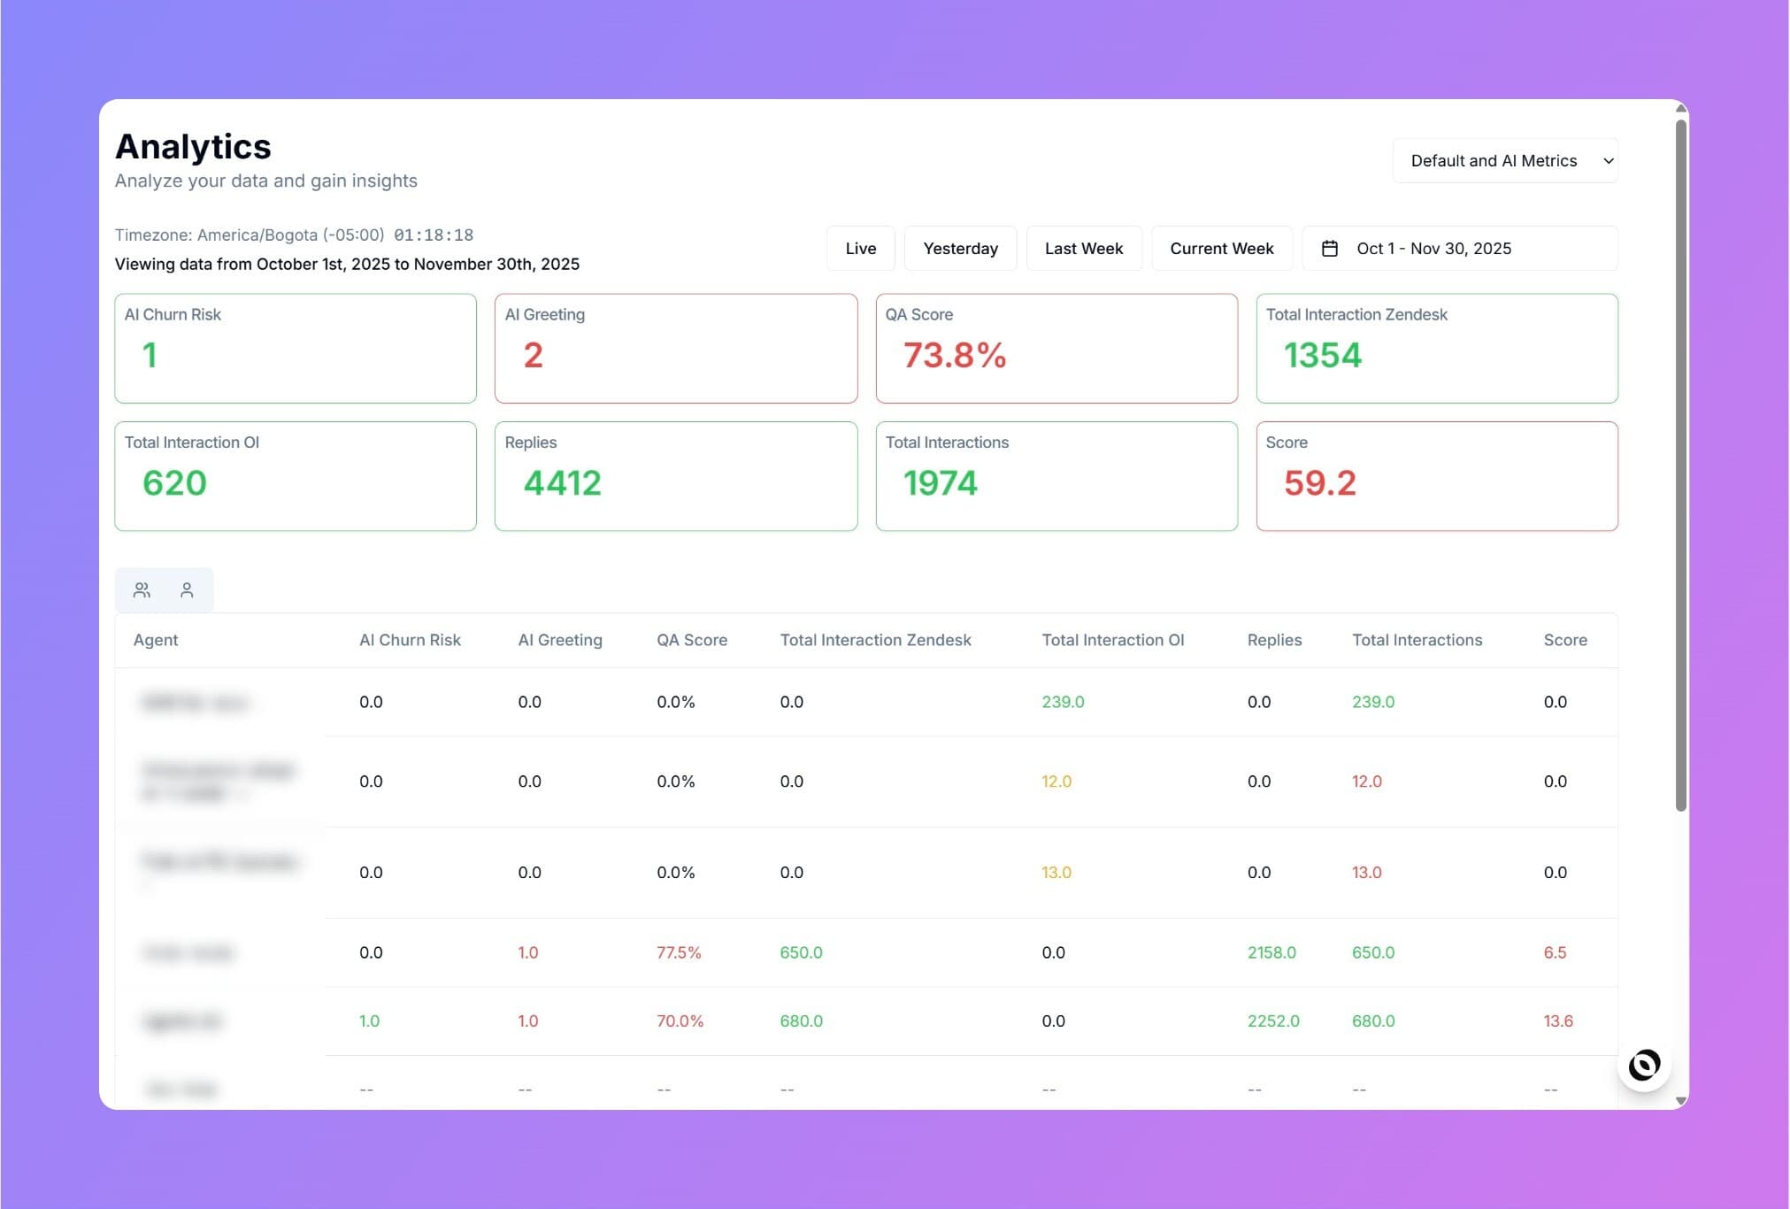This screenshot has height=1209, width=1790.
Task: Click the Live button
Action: pyautogui.click(x=860, y=249)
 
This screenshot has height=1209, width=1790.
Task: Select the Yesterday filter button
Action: pyautogui.click(x=960, y=249)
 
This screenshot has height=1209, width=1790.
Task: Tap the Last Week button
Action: pyautogui.click(x=1083, y=249)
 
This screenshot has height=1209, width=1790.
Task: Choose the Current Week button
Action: pyautogui.click(x=1221, y=249)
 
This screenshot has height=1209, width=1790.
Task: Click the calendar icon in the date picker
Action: pyautogui.click(x=1329, y=249)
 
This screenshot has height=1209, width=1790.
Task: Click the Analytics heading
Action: pyautogui.click(x=193, y=147)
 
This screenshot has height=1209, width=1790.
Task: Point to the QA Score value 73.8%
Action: pyautogui.click(x=954, y=356)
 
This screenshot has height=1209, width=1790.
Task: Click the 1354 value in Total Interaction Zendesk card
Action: pyautogui.click(x=1322, y=356)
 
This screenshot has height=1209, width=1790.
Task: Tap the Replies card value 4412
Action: pyautogui.click(x=562, y=483)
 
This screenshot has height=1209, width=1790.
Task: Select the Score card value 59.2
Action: pyautogui.click(x=1319, y=483)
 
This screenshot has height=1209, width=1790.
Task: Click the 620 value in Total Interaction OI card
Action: pyautogui.click(x=174, y=483)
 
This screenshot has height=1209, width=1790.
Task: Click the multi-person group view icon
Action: pyautogui.click(x=142, y=590)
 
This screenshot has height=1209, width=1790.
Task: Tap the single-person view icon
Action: pyautogui.click(x=187, y=590)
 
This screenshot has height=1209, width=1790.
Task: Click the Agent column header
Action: pyautogui.click(x=156, y=640)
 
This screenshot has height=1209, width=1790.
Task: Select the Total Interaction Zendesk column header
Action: pyautogui.click(x=875, y=640)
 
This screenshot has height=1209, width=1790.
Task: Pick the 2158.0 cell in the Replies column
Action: pyautogui.click(x=1271, y=952)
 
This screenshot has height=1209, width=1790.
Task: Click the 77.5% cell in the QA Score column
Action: pyautogui.click(x=679, y=952)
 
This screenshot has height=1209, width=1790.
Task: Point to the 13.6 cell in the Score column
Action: pyautogui.click(x=1558, y=1020)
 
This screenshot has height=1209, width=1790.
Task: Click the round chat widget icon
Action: pyautogui.click(x=1644, y=1065)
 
